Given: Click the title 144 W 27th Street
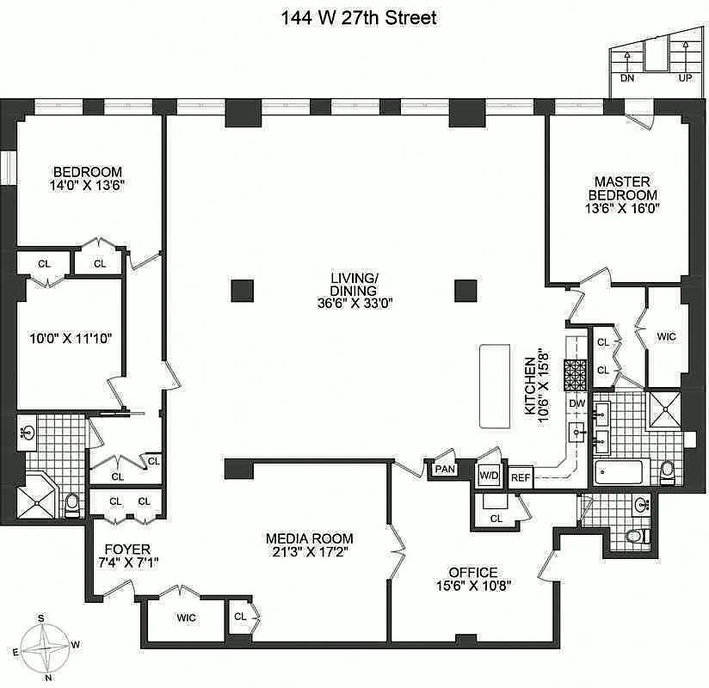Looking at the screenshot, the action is [359, 18].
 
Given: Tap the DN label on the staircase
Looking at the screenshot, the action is [626, 78].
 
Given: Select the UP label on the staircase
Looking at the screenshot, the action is [685, 78].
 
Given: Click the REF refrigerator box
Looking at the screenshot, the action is [521, 477].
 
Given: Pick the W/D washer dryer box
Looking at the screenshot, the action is [489, 475].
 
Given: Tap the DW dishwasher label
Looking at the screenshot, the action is [577, 403].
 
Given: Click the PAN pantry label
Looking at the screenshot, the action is [445, 470].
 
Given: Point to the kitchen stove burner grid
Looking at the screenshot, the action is [575, 375].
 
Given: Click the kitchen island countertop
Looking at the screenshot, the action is [495, 386].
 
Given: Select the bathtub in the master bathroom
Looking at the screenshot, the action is [619, 472].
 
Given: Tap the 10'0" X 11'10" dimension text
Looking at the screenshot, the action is [71, 338].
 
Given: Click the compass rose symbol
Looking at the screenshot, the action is [45, 648].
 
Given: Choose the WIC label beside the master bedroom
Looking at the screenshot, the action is [666, 336].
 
